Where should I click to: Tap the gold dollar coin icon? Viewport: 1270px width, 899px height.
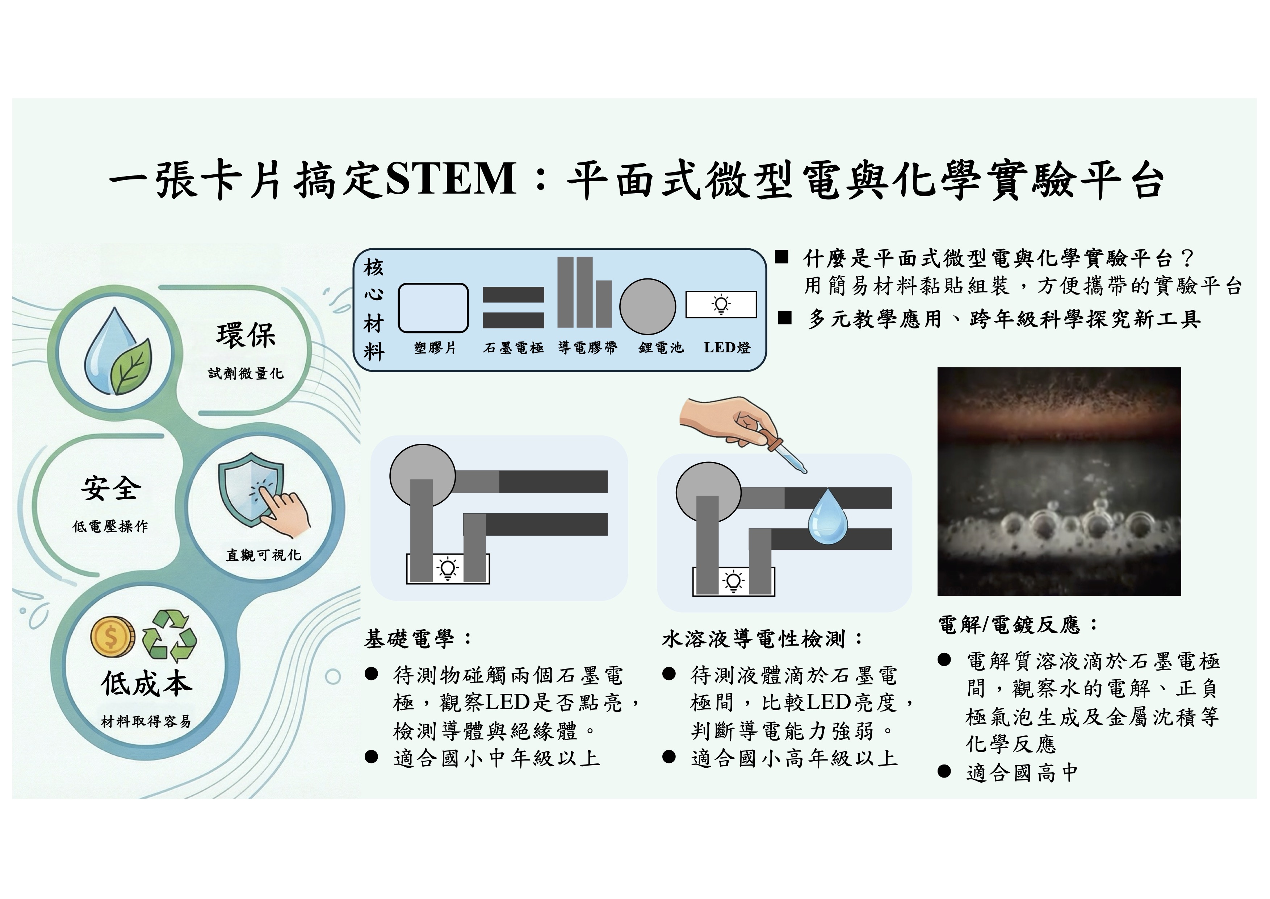pyautogui.click(x=112, y=636)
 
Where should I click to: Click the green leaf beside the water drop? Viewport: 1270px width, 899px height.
pyautogui.click(x=131, y=365)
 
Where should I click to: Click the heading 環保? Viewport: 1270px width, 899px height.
pyautogui.click(x=246, y=335)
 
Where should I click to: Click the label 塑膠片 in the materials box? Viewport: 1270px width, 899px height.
pyautogui.click(x=435, y=348)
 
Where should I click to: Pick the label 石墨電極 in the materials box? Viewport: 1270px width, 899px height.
pyautogui.click(x=513, y=348)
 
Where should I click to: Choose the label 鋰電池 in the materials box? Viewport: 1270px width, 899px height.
pyautogui.click(x=661, y=348)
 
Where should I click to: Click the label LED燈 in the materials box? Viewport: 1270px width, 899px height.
pyautogui.click(x=727, y=348)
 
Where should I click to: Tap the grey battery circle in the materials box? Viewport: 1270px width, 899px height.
pyautogui.click(x=647, y=306)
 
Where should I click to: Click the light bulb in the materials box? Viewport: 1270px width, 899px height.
pyautogui.click(x=721, y=304)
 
